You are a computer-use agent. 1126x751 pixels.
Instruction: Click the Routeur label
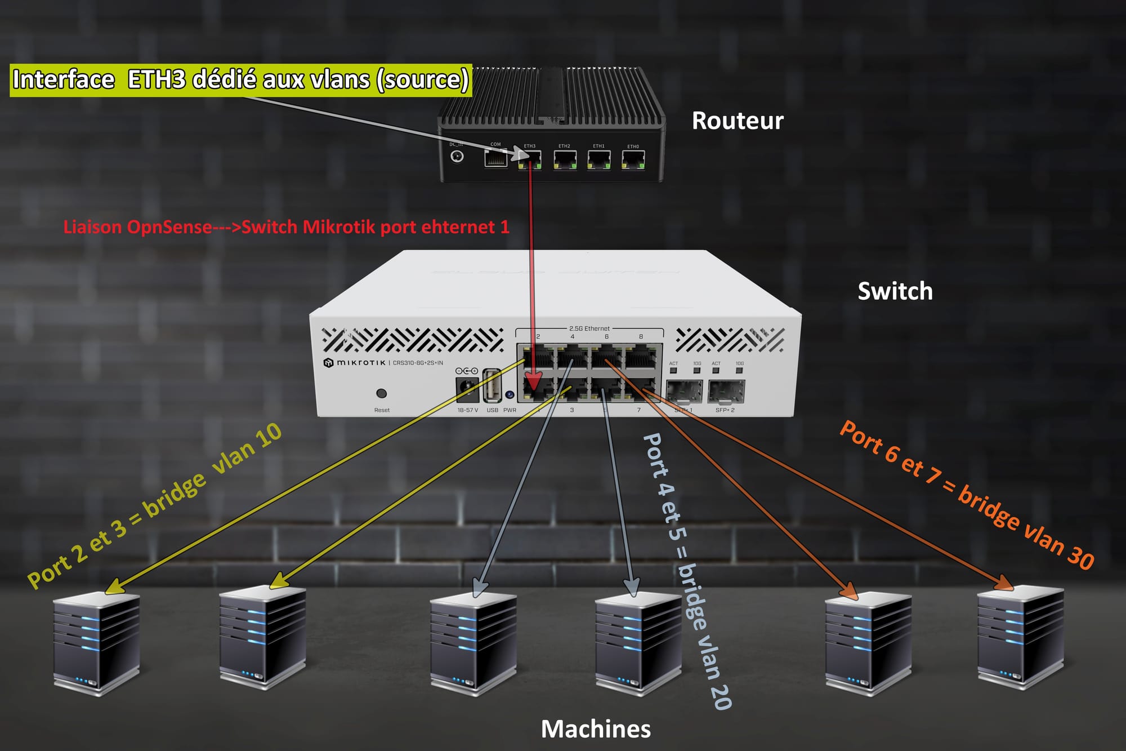click(738, 121)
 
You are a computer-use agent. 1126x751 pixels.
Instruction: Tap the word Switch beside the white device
click(895, 291)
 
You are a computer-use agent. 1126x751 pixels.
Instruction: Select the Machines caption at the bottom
click(596, 729)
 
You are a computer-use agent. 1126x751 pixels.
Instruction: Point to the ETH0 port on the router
click(633, 159)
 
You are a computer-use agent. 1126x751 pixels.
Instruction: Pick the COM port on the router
click(495, 158)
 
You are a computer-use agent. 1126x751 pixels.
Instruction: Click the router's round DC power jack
click(457, 156)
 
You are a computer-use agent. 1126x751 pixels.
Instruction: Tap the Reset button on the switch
click(381, 393)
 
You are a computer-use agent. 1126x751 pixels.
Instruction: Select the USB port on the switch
click(492, 386)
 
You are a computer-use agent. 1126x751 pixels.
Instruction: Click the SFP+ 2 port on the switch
click(726, 392)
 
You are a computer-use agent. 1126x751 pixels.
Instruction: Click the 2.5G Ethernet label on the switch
click(589, 328)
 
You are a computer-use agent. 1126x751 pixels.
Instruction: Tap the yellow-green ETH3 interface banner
click(241, 80)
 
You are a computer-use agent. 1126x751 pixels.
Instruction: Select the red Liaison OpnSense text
click(286, 227)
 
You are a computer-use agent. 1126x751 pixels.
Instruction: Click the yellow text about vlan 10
click(155, 505)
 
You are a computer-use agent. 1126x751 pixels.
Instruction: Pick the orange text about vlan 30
click(966, 495)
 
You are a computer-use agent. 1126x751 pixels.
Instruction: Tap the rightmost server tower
click(1020, 637)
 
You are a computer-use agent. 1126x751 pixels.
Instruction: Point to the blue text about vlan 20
click(687, 570)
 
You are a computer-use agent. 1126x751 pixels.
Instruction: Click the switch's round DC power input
click(467, 388)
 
